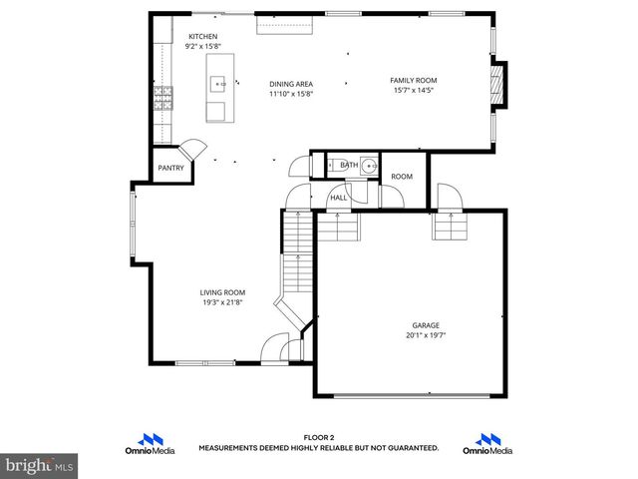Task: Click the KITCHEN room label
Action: point(202,37)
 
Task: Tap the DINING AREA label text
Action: point(291,85)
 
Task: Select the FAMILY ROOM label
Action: point(413,81)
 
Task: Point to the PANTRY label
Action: point(170,169)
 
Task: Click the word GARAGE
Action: point(426,325)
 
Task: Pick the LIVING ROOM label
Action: point(222,292)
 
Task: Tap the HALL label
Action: point(339,199)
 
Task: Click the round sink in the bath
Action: point(369,166)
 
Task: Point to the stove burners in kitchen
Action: point(163,98)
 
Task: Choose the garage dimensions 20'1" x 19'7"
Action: point(426,335)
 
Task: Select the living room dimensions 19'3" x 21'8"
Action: point(222,302)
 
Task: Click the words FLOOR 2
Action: point(318,438)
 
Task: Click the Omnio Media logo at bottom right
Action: point(487,444)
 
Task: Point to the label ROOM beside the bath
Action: point(402,177)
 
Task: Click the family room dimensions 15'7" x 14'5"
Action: point(413,91)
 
